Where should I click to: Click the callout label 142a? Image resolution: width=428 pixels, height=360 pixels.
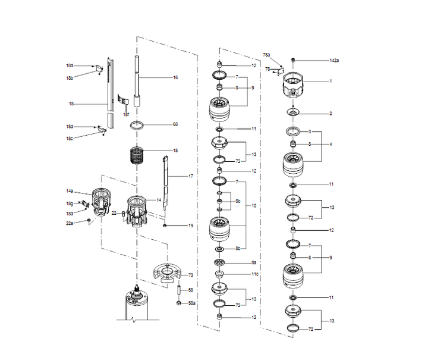point(334,60)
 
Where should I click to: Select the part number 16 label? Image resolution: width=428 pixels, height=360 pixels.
point(175,77)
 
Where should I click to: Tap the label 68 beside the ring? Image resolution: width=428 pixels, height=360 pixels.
point(175,124)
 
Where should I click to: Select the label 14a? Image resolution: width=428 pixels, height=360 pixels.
point(70,191)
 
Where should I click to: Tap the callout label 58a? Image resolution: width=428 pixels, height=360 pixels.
point(191,303)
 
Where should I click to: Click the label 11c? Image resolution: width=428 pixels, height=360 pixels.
point(254,274)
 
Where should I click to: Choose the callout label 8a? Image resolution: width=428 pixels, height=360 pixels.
point(254,262)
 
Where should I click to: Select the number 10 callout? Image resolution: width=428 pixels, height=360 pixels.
point(254,206)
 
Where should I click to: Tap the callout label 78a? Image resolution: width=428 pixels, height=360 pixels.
point(267,55)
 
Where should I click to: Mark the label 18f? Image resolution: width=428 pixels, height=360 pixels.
point(126,114)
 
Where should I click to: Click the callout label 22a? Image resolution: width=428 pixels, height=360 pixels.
point(70,223)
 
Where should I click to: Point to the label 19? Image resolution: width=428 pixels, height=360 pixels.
point(191,226)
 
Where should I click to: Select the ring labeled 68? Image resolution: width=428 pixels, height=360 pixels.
point(138,126)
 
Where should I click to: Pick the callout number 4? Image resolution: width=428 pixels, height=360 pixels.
point(331,144)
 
